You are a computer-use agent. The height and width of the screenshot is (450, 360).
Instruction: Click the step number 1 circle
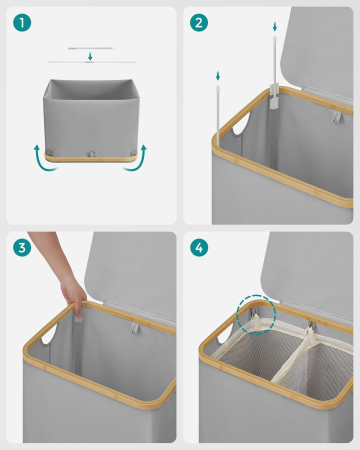pyautogui.click(x=22, y=23)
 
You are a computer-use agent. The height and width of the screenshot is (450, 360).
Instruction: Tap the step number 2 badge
pyautogui.click(x=199, y=23)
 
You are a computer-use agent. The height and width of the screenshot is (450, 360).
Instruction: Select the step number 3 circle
pyautogui.click(x=22, y=248)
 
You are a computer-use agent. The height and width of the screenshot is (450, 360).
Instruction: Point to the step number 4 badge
pyautogui.click(x=199, y=248)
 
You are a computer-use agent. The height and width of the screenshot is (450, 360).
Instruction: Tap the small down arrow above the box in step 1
pyautogui.click(x=90, y=56)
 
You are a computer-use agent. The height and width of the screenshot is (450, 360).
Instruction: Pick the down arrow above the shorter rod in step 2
pyautogui.click(x=218, y=76)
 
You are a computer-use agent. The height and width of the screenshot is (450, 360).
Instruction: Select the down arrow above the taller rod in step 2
pyautogui.click(x=275, y=26)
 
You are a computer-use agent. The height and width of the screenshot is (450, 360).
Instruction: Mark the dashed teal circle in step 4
pyautogui.click(x=256, y=314)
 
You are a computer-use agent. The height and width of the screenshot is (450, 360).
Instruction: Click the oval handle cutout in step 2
pyautogui.click(x=242, y=123)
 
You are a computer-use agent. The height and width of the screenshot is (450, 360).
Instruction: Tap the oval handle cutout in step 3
pyautogui.click(x=49, y=334)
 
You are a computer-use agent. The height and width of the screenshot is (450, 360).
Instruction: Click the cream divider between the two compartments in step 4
pyautogui.click(x=293, y=355)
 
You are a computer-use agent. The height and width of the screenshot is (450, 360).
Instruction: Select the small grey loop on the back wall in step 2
pyautogui.click(x=337, y=117)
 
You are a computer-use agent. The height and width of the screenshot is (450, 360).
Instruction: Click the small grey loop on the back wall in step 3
pyautogui.click(x=135, y=328)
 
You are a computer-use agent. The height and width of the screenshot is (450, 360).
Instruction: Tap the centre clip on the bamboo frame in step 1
pyautogui.click(x=91, y=154)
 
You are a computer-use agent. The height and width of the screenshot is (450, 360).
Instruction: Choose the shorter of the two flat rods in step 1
pyautogui.click(x=91, y=48)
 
